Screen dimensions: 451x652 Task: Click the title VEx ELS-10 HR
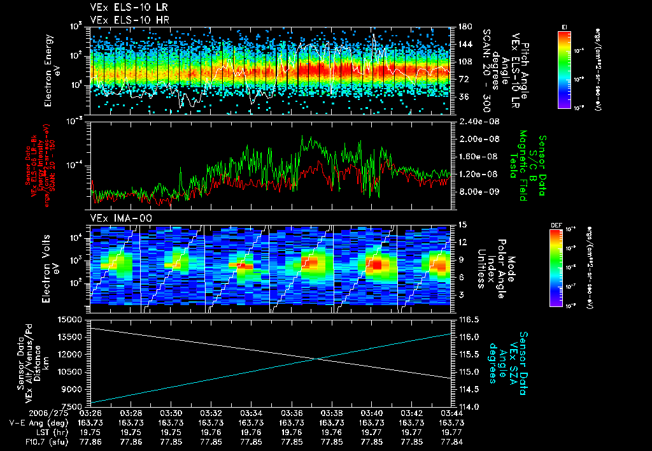(125, 20)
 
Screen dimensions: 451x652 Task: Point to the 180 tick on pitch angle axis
(464, 27)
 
